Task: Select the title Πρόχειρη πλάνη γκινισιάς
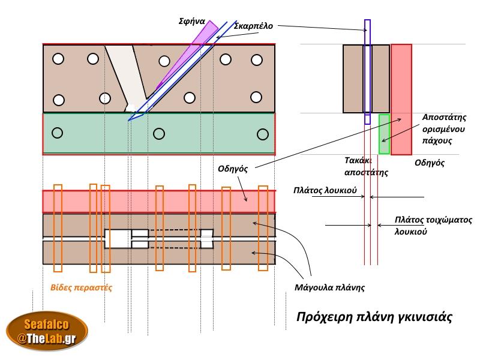pyautogui.click(x=374, y=316)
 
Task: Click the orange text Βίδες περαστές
pyautogui.click(x=81, y=287)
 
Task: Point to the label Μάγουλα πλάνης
pyautogui.click(x=330, y=287)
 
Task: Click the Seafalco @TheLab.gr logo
pyautogui.click(x=47, y=331)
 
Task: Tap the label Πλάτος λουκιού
pyautogui.click(x=325, y=190)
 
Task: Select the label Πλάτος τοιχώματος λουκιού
pyautogui.click(x=433, y=226)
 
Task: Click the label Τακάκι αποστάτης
pyautogui.click(x=366, y=166)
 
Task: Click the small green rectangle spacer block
pyautogui.click(x=384, y=134)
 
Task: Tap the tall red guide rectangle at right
pyautogui.click(x=401, y=99)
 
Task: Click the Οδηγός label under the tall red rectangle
pyautogui.click(x=429, y=163)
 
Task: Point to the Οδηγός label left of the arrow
pyautogui.click(x=233, y=169)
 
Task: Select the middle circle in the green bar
pyautogui.click(x=159, y=134)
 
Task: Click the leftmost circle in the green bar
pyautogui.click(x=58, y=132)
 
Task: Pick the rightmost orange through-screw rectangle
pyautogui.click(x=262, y=229)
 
